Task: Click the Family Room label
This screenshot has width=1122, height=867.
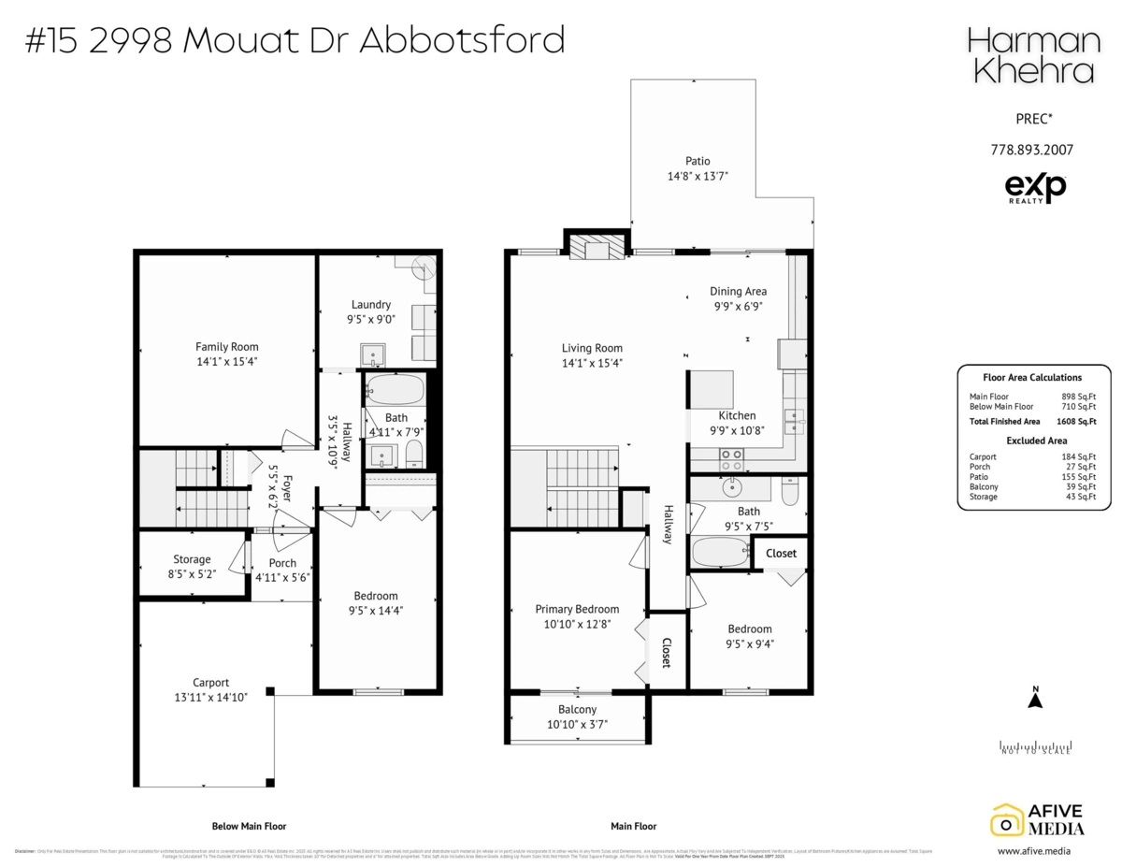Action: tap(226, 347)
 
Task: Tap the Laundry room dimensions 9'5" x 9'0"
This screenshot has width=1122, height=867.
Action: tap(370, 318)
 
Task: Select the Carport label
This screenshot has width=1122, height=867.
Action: tap(210, 683)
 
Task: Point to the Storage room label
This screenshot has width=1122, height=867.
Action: tap(192, 559)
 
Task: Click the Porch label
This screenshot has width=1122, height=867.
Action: tap(282, 563)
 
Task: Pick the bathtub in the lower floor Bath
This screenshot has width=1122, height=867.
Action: tap(395, 389)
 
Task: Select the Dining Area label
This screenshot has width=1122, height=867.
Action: tap(738, 292)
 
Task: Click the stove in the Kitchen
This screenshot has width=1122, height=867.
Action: tap(730, 458)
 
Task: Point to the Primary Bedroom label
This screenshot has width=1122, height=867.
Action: tap(577, 609)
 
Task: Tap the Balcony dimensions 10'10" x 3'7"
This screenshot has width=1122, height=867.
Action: tap(577, 724)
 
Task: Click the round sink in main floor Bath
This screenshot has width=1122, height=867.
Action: tap(730, 487)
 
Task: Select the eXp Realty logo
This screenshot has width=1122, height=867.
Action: tap(1034, 189)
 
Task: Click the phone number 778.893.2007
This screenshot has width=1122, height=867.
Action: tap(1031, 150)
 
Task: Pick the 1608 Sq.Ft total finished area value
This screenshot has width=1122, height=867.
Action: tap(1079, 422)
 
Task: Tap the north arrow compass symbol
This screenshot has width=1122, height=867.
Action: tap(1035, 700)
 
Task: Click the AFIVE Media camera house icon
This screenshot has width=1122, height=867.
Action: tap(1006, 819)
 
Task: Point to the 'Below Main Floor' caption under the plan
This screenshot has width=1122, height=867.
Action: tap(249, 826)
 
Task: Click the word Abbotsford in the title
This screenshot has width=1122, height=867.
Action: tap(463, 40)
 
